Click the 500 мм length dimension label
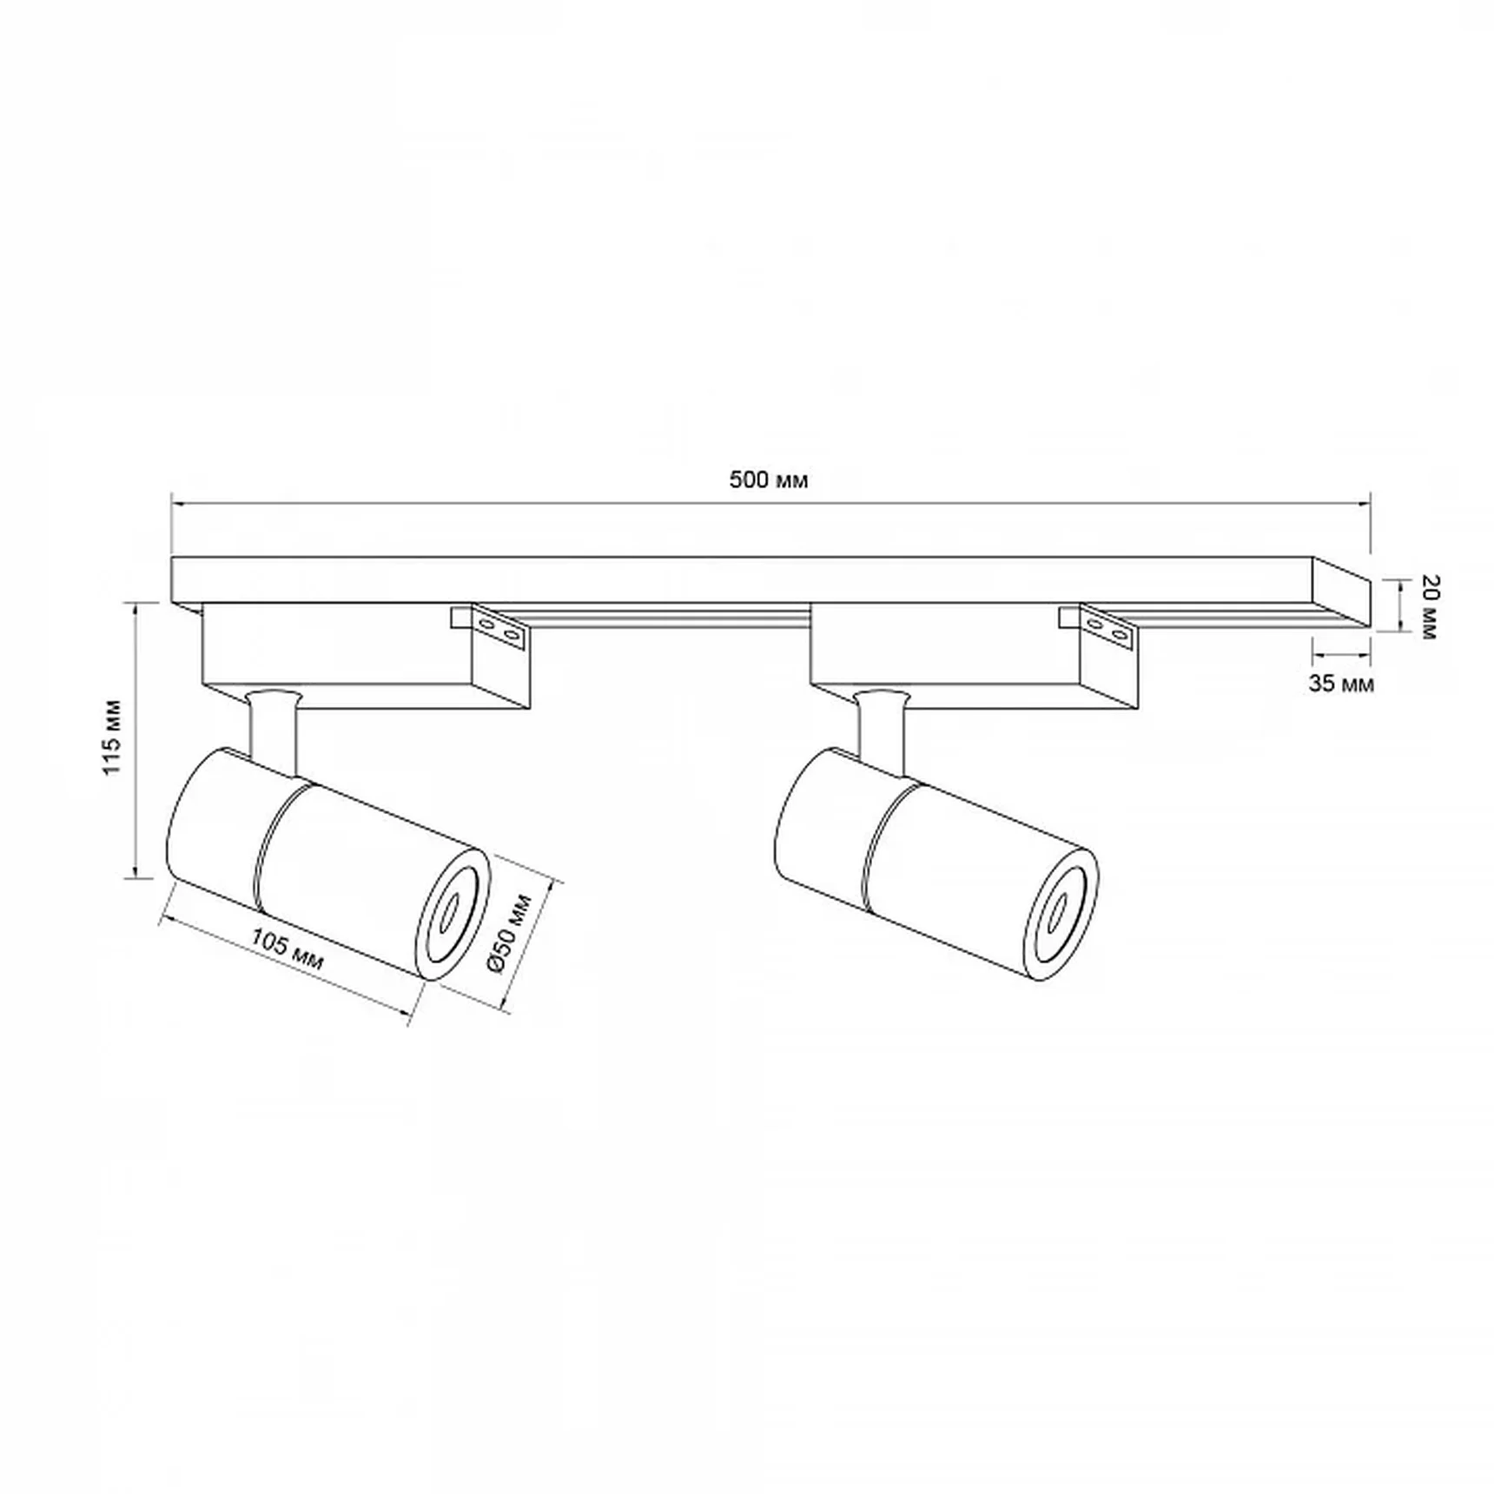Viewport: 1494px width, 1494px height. click(769, 480)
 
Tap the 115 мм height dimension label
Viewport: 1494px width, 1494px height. click(113, 737)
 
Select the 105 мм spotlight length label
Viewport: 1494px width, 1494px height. click(288, 951)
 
